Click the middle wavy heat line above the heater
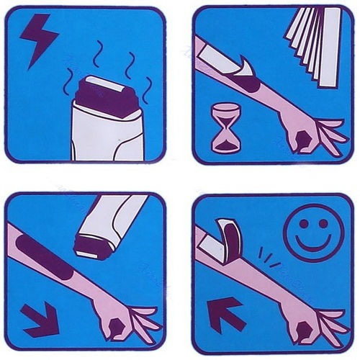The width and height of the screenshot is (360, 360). [101, 54]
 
